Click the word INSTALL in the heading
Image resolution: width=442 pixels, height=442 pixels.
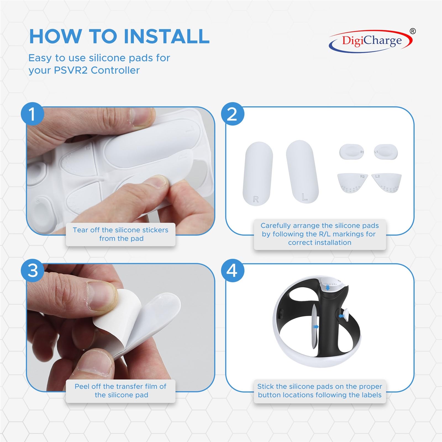click(166, 36)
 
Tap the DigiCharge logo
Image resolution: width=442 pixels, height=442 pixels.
click(370, 41)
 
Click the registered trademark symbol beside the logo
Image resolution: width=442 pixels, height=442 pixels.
click(412, 31)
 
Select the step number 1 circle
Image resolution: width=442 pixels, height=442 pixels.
click(33, 114)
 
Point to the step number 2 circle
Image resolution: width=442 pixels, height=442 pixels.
click(232, 114)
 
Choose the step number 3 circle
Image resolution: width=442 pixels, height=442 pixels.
click(33, 270)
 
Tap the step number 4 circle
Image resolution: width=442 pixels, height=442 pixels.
click(232, 270)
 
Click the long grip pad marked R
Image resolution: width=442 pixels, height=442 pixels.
click(258, 173)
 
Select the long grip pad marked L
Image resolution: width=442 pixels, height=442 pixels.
click(302, 172)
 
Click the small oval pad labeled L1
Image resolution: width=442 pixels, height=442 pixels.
click(386, 151)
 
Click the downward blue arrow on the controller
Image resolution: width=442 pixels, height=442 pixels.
click(328, 288)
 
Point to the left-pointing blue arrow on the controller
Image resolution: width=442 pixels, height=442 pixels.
click(342, 316)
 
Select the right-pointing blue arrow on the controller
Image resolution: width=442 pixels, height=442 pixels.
click(315, 327)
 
